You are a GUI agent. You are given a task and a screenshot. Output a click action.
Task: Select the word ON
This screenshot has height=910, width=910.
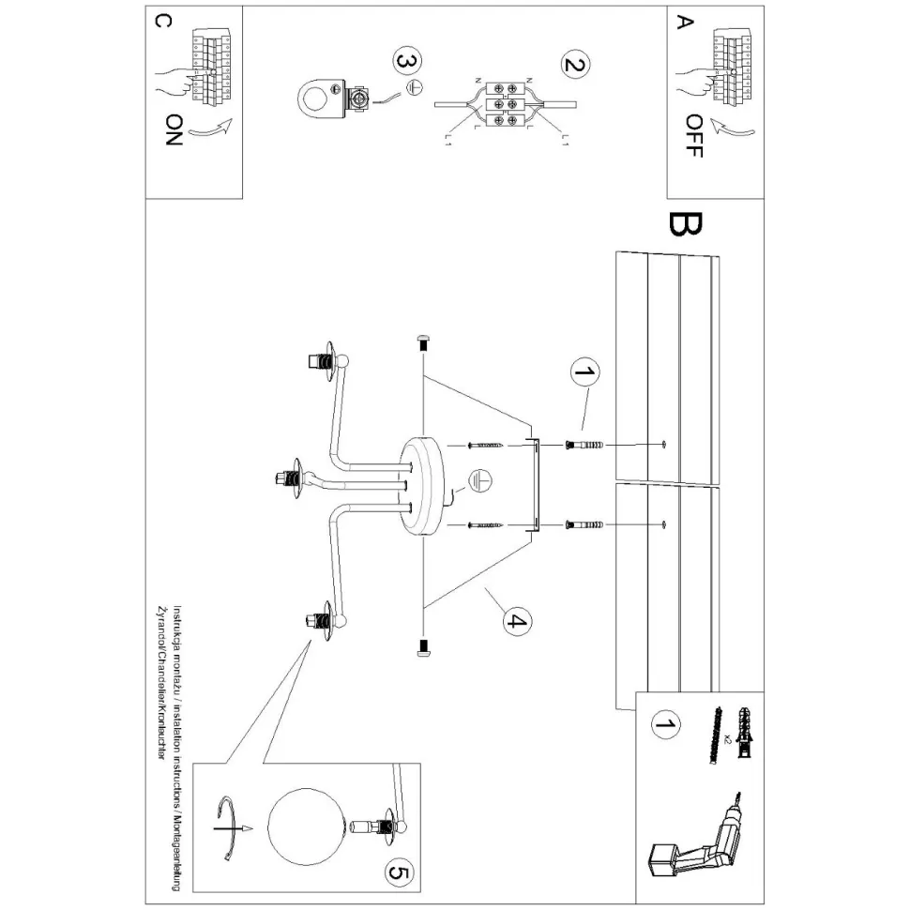tap(172, 131)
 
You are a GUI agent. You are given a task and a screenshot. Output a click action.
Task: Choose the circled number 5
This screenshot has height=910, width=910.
tap(398, 873)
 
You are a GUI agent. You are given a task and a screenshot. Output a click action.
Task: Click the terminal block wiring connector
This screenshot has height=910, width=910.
tap(504, 103)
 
